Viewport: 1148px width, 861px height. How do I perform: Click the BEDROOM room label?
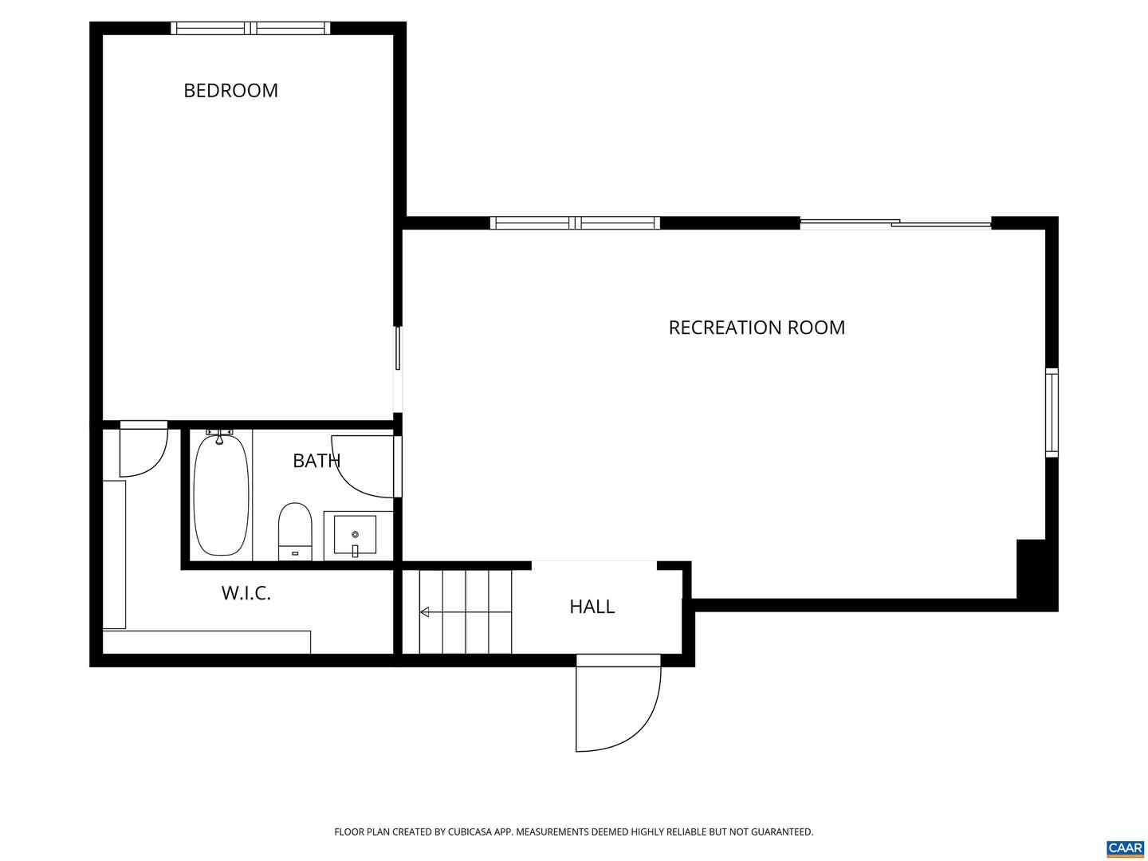[x=230, y=90]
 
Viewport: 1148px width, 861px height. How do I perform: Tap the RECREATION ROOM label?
[x=756, y=327]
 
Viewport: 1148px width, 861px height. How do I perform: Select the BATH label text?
[x=316, y=461]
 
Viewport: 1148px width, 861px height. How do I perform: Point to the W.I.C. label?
[x=246, y=593]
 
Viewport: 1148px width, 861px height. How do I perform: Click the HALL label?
[x=592, y=607]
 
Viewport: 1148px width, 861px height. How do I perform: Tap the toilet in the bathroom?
[x=295, y=532]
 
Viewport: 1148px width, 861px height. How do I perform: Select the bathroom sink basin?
[x=355, y=534]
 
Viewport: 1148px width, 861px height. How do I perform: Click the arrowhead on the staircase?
[x=424, y=611]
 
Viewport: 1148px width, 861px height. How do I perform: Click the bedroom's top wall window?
[x=250, y=28]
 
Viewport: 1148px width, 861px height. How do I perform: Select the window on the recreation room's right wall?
[x=1052, y=412]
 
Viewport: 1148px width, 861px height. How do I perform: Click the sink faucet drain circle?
[x=355, y=534]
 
